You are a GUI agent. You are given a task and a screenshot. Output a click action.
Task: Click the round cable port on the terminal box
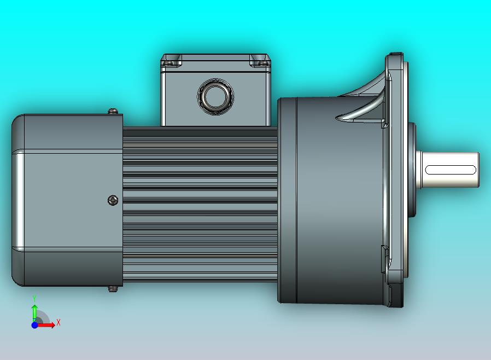click(214, 96)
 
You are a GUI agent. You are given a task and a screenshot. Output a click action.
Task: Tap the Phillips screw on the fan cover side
click(113, 200)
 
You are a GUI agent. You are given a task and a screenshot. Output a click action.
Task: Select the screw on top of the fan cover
click(113, 112)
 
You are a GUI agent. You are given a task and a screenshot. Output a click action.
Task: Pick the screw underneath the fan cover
click(114, 288)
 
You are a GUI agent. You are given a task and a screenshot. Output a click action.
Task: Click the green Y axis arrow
click(34, 312)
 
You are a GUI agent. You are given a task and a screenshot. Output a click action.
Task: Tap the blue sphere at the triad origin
click(34, 325)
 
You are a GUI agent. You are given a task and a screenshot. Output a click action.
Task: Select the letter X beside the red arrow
click(58, 323)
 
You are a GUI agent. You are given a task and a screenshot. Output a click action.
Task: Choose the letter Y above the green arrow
click(34, 298)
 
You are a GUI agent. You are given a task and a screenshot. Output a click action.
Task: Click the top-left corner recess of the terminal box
click(172, 61)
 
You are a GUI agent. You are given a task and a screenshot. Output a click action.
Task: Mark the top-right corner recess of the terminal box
click(259, 61)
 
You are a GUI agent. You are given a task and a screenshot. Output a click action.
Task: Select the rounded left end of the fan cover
click(18, 200)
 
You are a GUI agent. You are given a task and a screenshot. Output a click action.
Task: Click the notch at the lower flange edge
click(385, 259)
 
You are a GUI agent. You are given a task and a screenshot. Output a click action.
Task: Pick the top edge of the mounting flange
click(395, 55)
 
